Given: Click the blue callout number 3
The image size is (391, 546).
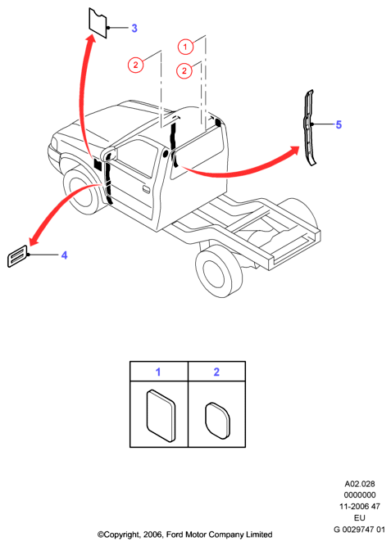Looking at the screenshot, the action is pyautogui.click(x=134, y=28).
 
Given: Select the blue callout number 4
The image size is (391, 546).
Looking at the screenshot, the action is pyautogui.click(x=64, y=255).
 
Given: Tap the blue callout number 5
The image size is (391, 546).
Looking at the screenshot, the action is pyautogui.click(x=339, y=124).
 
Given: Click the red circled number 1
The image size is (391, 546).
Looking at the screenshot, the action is pyautogui.click(x=185, y=47).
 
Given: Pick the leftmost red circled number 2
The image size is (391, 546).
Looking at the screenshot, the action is pyautogui.click(x=135, y=65).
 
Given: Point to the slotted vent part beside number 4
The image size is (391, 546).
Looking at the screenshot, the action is pyautogui.click(x=17, y=256).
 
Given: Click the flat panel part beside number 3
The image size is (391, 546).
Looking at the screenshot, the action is pyautogui.click(x=98, y=23).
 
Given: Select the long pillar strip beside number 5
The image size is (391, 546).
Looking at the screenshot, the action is pyautogui.click(x=309, y=128).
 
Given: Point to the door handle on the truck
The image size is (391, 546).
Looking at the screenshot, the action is pyautogui.click(x=146, y=190).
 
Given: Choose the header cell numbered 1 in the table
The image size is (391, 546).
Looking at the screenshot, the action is pyautogui.click(x=159, y=371).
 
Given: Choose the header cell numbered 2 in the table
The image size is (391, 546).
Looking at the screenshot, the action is pyautogui.click(x=216, y=371).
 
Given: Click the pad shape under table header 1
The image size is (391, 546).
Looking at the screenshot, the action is pyautogui.click(x=161, y=415).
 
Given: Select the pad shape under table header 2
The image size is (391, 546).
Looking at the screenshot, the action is pyautogui.click(x=218, y=421).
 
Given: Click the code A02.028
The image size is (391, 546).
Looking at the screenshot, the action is pyautogui.click(x=360, y=484).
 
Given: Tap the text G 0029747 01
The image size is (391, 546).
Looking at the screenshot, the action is pyautogui.click(x=359, y=530).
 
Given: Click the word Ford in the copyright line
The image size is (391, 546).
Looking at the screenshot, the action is pyautogui.click(x=175, y=535).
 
